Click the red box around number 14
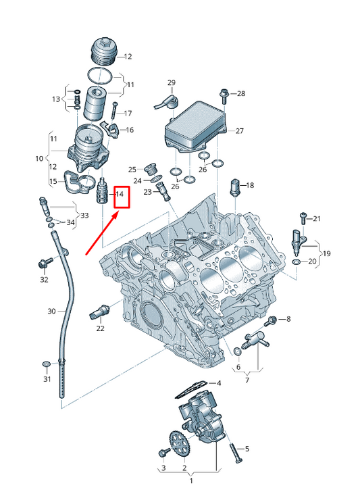(120, 197)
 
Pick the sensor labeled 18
(234, 185)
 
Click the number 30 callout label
(51, 312)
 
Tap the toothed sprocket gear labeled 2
(178, 444)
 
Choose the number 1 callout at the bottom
(190, 482)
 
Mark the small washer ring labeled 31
(45, 365)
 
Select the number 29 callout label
(172, 83)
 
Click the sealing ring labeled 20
(297, 260)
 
